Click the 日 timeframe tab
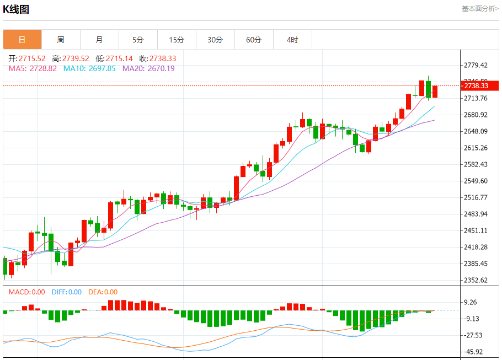coord(22,40)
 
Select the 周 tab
coord(61,40)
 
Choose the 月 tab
coord(99,40)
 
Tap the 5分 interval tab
coord(138,40)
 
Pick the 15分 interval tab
coord(177,40)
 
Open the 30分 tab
coord(215,40)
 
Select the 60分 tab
coord(254,40)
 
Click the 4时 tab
coord(292,40)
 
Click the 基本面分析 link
coord(480,9)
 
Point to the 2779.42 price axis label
coord(476,65)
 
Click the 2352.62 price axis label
coord(476,280)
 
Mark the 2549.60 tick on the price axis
coord(476,181)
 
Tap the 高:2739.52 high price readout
coord(71,58)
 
